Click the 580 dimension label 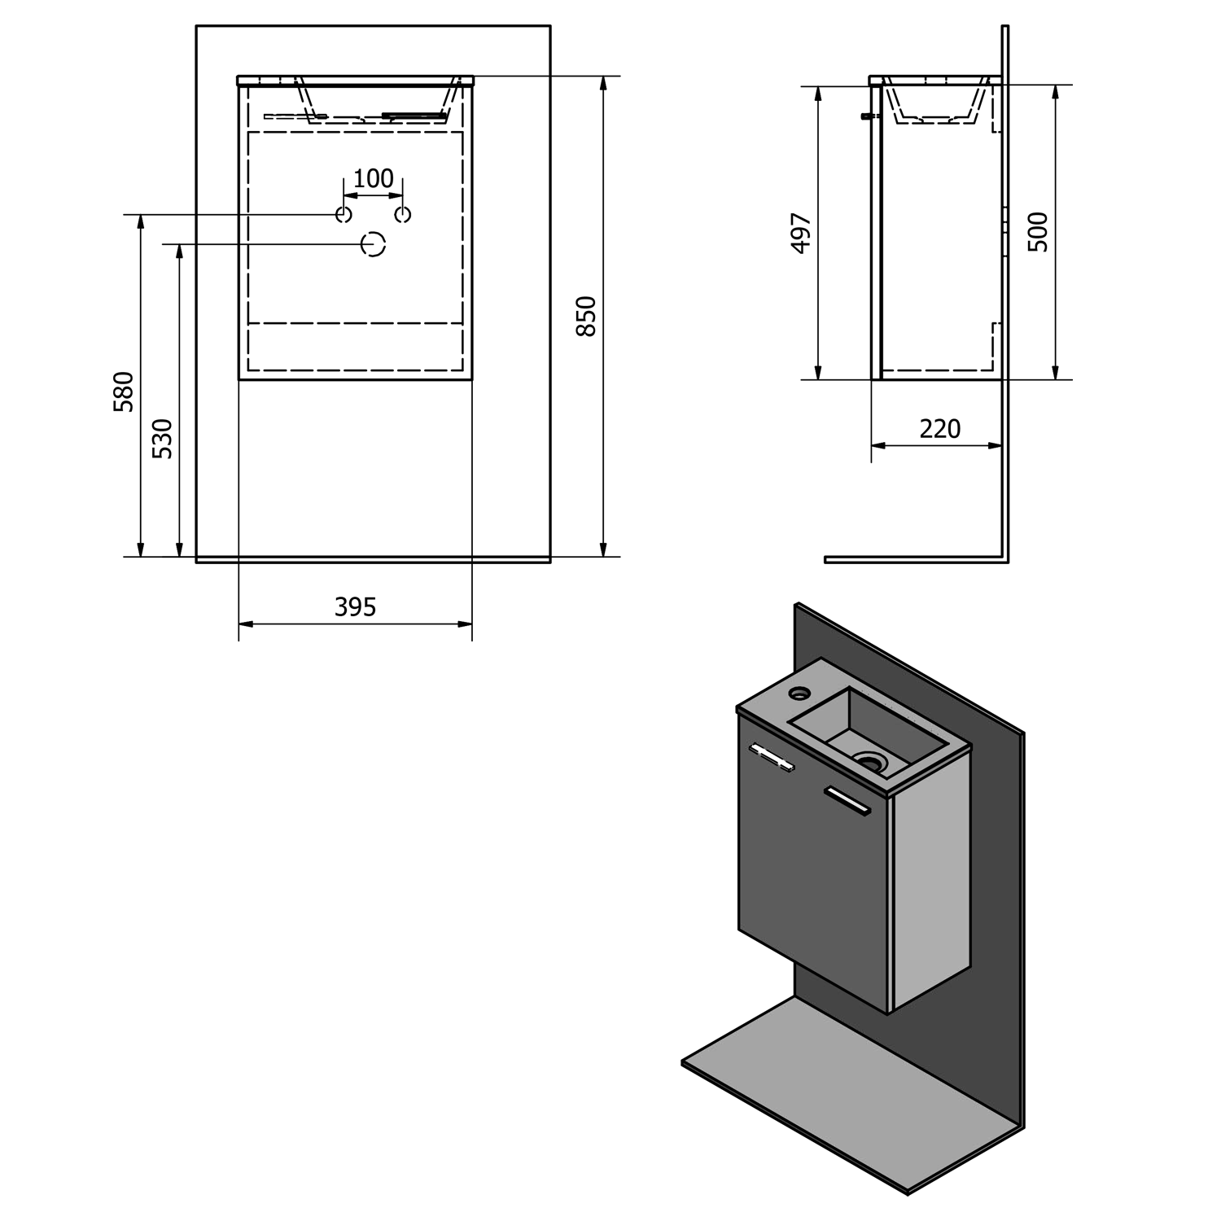124,392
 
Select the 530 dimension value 163,439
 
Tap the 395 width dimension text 356,607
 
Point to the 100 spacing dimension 374,178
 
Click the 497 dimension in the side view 801,234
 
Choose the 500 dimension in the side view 1038,232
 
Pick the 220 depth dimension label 940,429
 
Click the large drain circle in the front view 374,244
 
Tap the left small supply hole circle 344,215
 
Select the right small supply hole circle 403,215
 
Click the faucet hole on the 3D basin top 800,694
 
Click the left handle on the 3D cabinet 771,757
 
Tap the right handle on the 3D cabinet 847,799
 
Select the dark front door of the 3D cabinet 814,879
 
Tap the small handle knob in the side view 867,117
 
